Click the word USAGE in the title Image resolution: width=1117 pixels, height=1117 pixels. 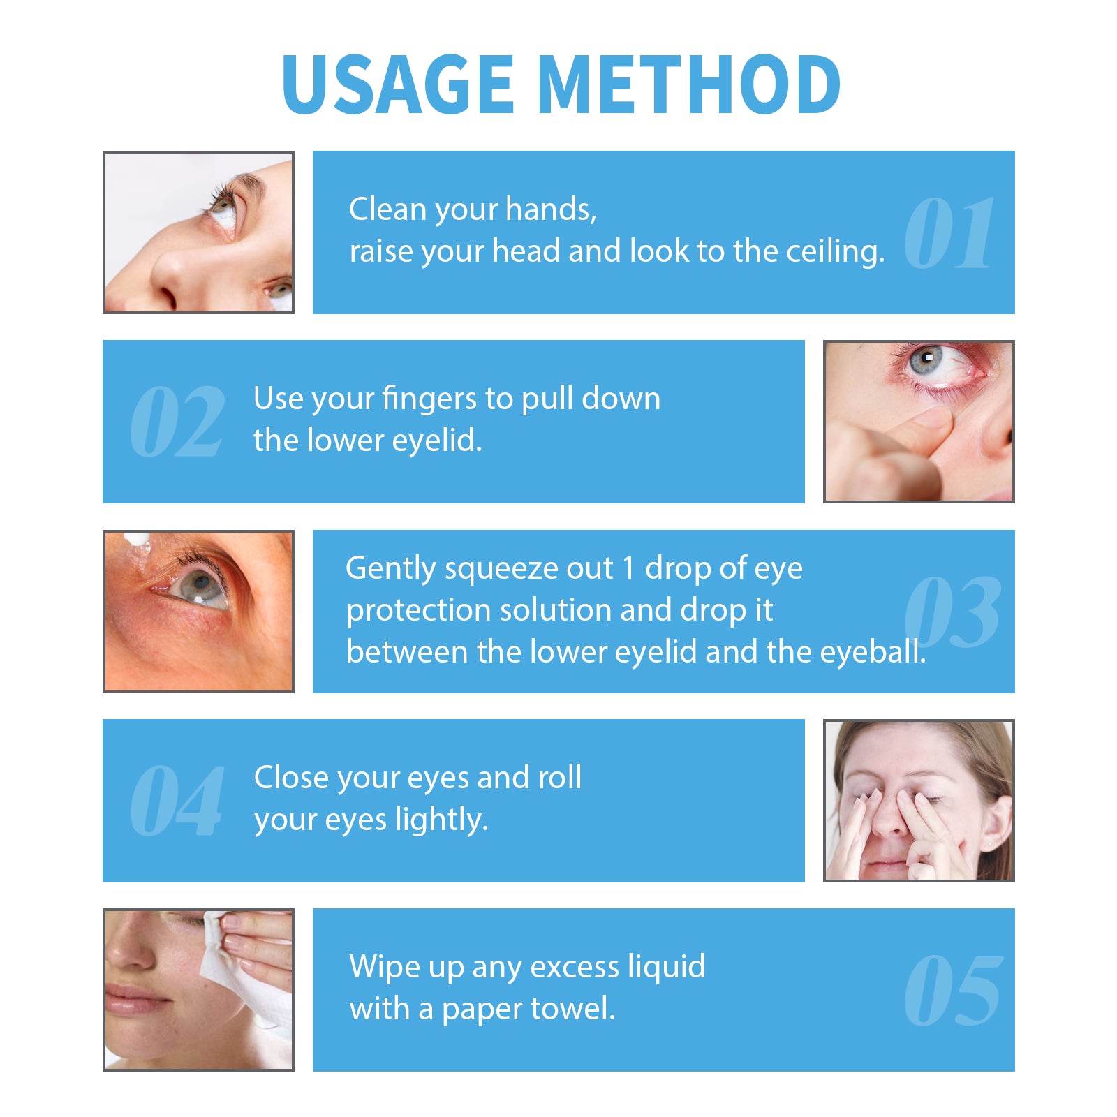click(397, 84)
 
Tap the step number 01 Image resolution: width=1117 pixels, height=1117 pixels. click(949, 232)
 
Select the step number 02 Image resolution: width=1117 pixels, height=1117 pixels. click(177, 422)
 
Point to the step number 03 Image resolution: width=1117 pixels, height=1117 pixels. click(952, 612)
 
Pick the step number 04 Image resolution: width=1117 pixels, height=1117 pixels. click(177, 801)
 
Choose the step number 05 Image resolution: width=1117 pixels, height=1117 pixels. click(953, 991)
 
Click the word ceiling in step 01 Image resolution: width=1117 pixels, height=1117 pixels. click(835, 252)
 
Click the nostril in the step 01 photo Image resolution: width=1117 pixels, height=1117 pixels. click(168, 297)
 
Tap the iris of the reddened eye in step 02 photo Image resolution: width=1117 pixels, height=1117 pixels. click(925, 360)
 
